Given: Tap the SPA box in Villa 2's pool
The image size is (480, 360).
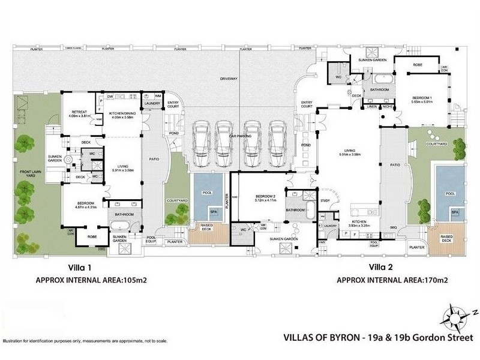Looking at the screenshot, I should coord(455,212).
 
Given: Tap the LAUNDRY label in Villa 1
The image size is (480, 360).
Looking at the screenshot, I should coord(151,104).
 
